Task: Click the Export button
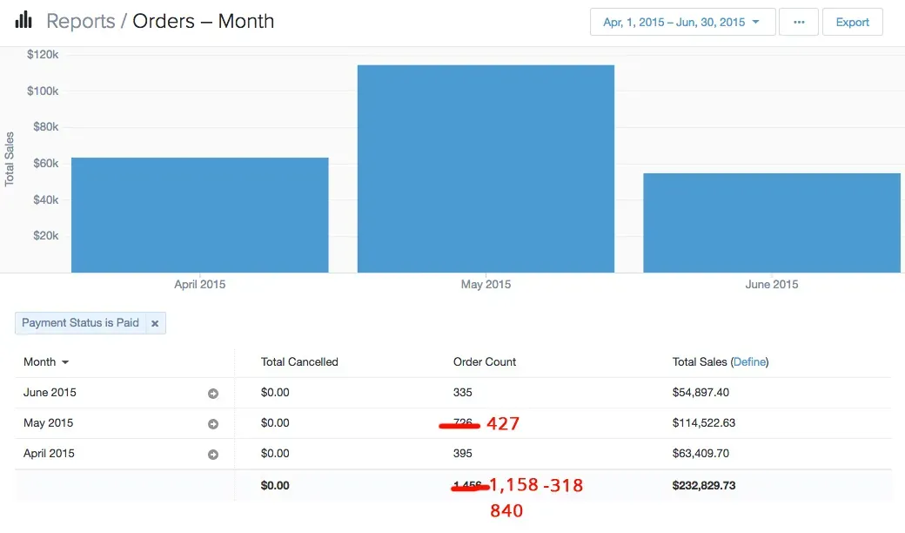[852, 23]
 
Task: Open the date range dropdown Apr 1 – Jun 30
[682, 23]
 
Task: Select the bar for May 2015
[486, 169]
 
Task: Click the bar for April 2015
[199, 215]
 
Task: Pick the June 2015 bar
[772, 223]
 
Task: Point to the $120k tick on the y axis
[44, 55]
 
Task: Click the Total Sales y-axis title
[10, 159]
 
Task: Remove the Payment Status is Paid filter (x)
[155, 323]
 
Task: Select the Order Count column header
[485, 362]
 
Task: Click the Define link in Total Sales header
[749, 362]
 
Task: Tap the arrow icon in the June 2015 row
[213, 394]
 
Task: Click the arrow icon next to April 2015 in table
[213, 455]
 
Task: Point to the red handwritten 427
[503, 424]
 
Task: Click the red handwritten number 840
[506, 511]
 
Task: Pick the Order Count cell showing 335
[463, 393]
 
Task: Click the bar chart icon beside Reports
[23, 20]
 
